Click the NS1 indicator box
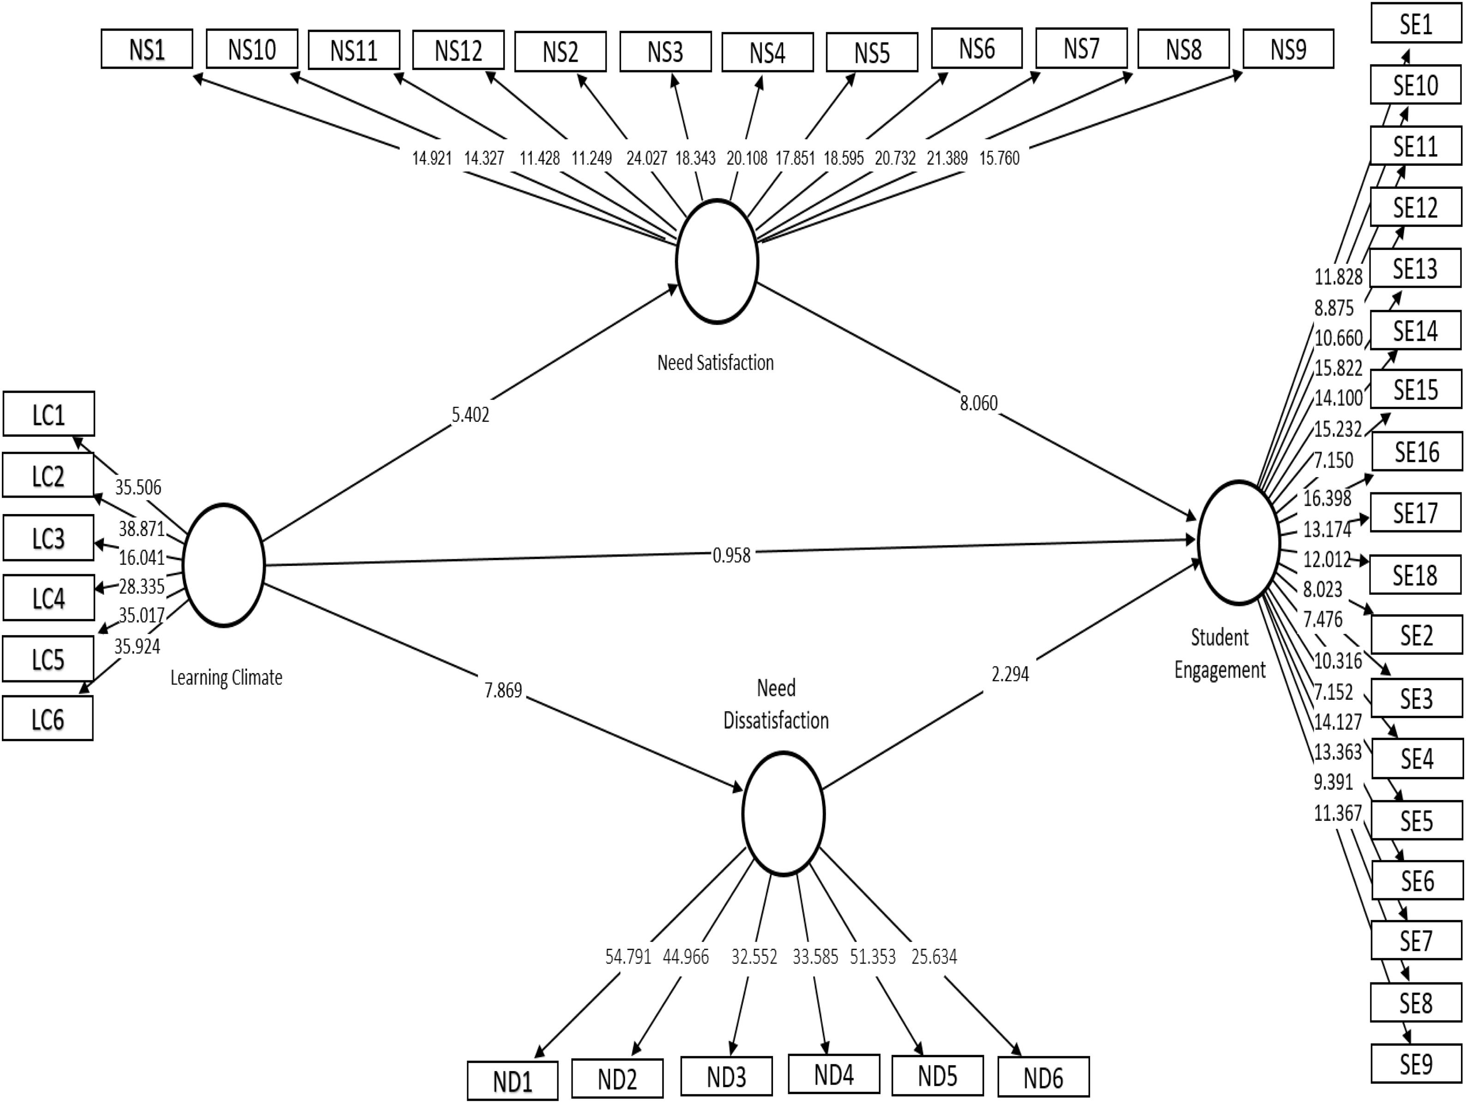point(146,49)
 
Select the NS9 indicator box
point(1288,48)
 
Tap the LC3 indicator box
point(48,538)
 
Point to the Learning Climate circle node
point(223,565)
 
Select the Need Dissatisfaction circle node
point(783,813)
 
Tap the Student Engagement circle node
point(1238,542)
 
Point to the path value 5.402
point(470,415)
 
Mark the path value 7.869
point(503,691)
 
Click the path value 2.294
point(1010,674)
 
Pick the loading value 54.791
point(627,957)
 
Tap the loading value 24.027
point(646,158)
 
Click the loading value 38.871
point(141,528)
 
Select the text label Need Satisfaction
point(715,363)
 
